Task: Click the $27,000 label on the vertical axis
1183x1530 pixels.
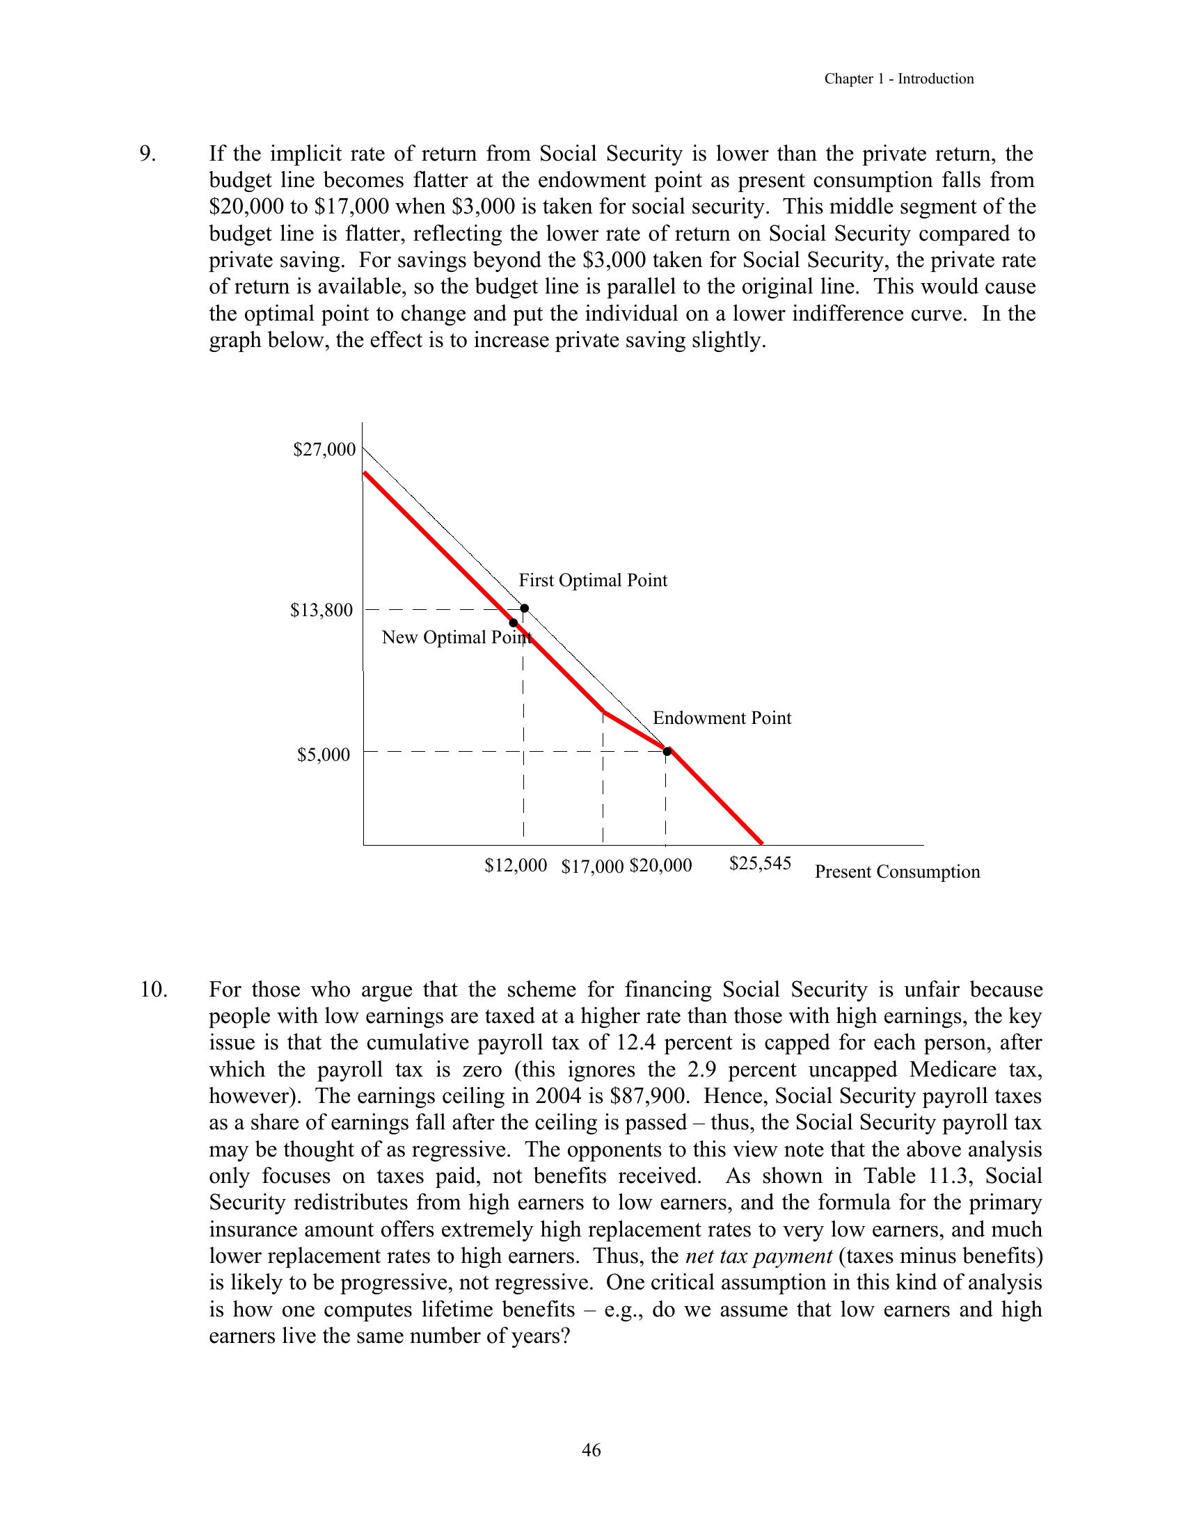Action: (324, 450)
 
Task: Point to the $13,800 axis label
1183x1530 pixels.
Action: (321, 610)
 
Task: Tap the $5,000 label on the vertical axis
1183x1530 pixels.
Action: (323, 755)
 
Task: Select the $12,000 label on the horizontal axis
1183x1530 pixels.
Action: (515, 866)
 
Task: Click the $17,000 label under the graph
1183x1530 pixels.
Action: (592, 867)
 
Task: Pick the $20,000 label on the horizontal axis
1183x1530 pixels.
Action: (660, 866)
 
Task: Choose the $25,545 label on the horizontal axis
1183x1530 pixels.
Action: (760, 863)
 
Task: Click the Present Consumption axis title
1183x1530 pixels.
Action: (897, 872)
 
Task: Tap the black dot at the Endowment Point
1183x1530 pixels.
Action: (667, 751)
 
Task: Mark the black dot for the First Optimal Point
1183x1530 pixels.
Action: (524, 608)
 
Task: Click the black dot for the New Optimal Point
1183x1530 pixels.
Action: (514, 623)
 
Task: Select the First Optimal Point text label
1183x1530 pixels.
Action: (593, 581)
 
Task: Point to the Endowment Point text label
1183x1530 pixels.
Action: (722, 718)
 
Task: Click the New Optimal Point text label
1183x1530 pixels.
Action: (456, 638)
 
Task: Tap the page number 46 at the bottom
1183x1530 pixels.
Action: (591, 1450)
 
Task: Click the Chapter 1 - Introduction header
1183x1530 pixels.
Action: (898, 79)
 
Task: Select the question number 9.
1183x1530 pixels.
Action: (148, 154)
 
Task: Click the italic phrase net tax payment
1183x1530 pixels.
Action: (759, 1256)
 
